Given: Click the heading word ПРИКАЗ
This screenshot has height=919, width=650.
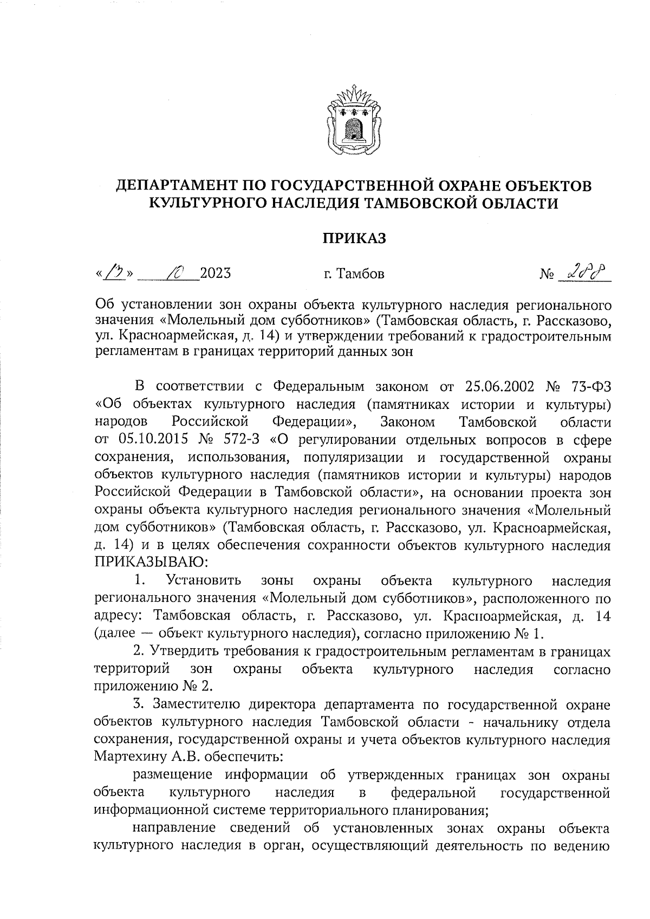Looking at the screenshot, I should pyautogui.click(x=355, y=238).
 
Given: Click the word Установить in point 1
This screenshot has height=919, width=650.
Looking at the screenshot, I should pyautogui.click(x=204, y=581).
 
